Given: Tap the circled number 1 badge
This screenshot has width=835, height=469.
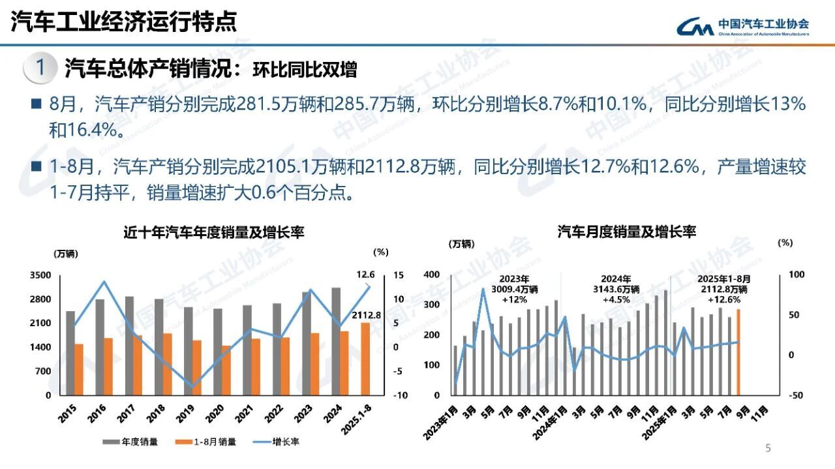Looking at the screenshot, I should click(40, 68).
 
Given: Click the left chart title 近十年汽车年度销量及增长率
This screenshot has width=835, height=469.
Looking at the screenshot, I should click(214, 232).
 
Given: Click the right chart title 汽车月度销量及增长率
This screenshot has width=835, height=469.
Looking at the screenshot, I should click(627, 232).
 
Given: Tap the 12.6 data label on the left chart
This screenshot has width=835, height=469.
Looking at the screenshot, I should click(365, 275).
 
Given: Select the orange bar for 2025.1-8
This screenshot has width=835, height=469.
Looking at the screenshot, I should click(366, 359).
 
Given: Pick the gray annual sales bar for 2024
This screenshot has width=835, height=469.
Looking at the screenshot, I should click(335, 341).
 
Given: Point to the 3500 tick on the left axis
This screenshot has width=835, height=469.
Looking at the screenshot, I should click(40, 276).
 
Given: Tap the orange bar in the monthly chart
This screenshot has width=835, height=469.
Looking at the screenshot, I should click(738, 352).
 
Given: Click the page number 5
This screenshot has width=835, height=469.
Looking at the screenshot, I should click(768, 448).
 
